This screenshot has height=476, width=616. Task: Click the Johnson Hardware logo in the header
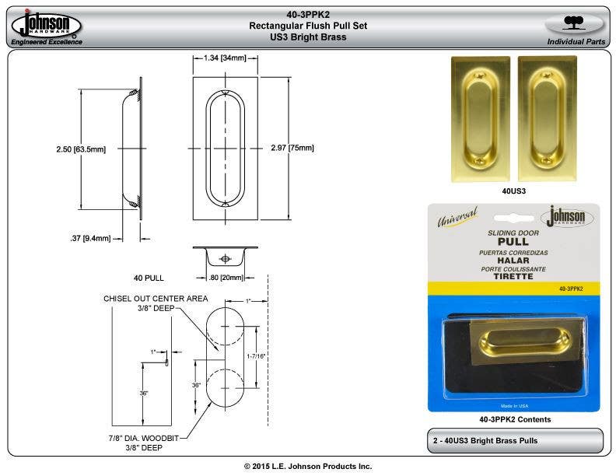click(47, 26)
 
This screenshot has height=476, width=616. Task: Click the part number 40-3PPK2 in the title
click(307, 13)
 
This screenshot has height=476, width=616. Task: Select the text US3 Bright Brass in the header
click(307, 37)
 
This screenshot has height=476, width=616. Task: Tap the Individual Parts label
click(576, 41)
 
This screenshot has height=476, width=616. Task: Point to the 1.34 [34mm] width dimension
click(225, 58)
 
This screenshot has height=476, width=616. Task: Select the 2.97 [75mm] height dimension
click(292, 148)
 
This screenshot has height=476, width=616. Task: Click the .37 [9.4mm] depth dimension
click(89, 238)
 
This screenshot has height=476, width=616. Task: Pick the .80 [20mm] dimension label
click(225, 278)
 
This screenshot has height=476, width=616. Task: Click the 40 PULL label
click(148, 278)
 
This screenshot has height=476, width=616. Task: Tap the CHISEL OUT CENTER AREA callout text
click(156, 299)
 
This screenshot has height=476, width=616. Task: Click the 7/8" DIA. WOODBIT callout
click(152, 438)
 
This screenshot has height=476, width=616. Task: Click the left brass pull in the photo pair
click(480, 118)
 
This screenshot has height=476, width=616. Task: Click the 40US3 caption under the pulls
click(513, 190)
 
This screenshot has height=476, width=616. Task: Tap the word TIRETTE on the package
click(513, 276)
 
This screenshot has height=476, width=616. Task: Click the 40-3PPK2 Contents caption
click(513, 419)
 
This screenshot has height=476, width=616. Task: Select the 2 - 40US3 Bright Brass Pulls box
click(515, 440)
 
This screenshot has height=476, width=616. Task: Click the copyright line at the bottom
click(307, 466)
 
